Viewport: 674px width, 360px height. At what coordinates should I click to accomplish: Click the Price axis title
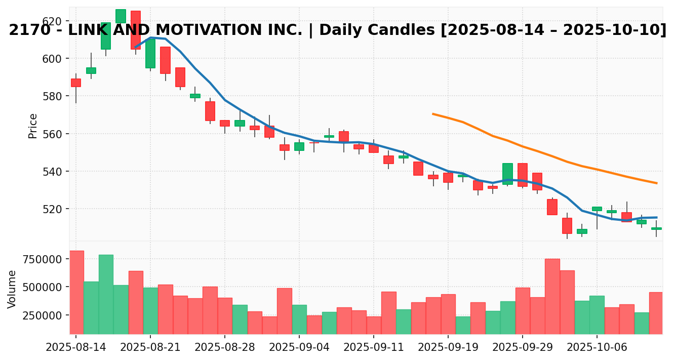33,126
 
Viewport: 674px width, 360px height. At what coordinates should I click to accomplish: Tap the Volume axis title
12,289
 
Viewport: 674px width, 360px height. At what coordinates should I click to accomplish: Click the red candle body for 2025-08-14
76,83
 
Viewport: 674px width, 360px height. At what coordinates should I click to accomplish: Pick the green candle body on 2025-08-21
150,53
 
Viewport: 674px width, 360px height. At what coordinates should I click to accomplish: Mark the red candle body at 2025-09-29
523,175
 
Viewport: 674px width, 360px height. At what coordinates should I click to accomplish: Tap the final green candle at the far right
656,228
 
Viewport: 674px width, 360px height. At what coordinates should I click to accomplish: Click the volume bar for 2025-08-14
76,292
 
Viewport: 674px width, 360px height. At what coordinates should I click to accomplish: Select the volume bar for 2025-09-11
374,325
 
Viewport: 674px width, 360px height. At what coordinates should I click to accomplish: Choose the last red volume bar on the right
656,313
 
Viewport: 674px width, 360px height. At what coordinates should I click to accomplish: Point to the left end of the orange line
433,114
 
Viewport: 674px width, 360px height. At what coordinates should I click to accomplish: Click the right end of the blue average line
657,217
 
